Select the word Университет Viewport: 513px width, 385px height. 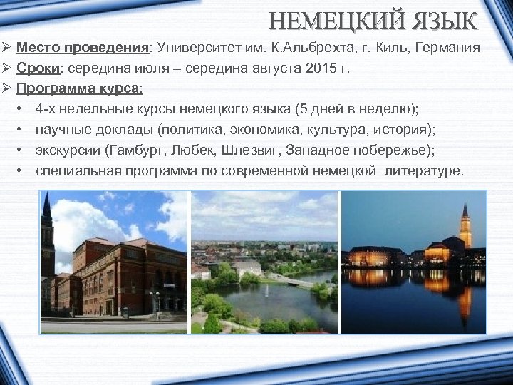pyautogui.click(x=205, y=49)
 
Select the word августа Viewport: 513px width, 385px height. pyautogui.click(x=269, y=69)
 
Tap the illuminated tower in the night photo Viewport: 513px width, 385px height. pyautogui.click(x=465, y=226)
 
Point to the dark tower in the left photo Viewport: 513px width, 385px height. pyautogui.click(x=47, y=235)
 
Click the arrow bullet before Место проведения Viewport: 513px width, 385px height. pyautogui.click(x=6, y=49)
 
